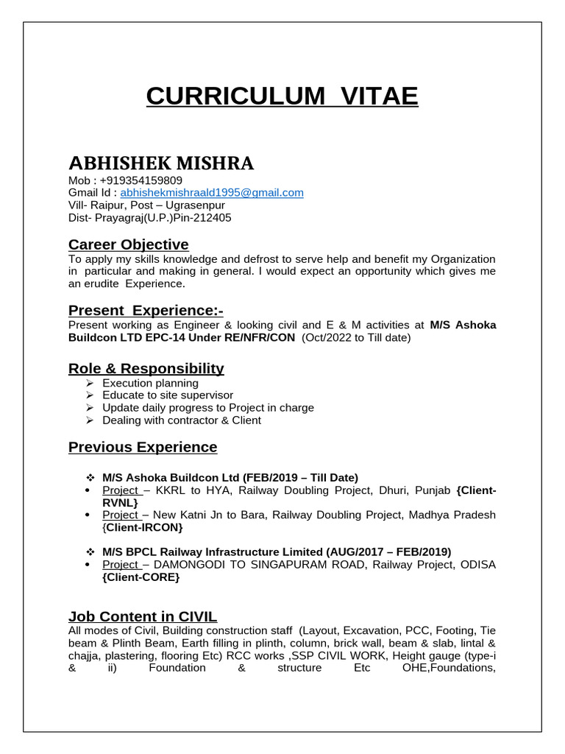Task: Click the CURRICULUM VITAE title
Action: (x=282, y=96)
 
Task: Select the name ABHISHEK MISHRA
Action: (x=161, y=163)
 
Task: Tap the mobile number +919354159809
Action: (x=141, y=180)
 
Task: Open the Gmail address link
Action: (x=212, y=193)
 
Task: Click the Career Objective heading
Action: (x=128, y=244)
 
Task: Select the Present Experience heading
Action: (x=145, y=310)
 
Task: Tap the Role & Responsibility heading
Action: (x=146, y=368)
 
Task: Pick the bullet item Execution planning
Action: (x=150, y=384)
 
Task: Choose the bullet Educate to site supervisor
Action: (x=168, y=395)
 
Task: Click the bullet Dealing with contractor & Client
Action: (x=182, y=420)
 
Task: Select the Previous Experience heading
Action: (x=143, y=447)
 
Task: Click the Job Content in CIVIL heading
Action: (x=143, y=616)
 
